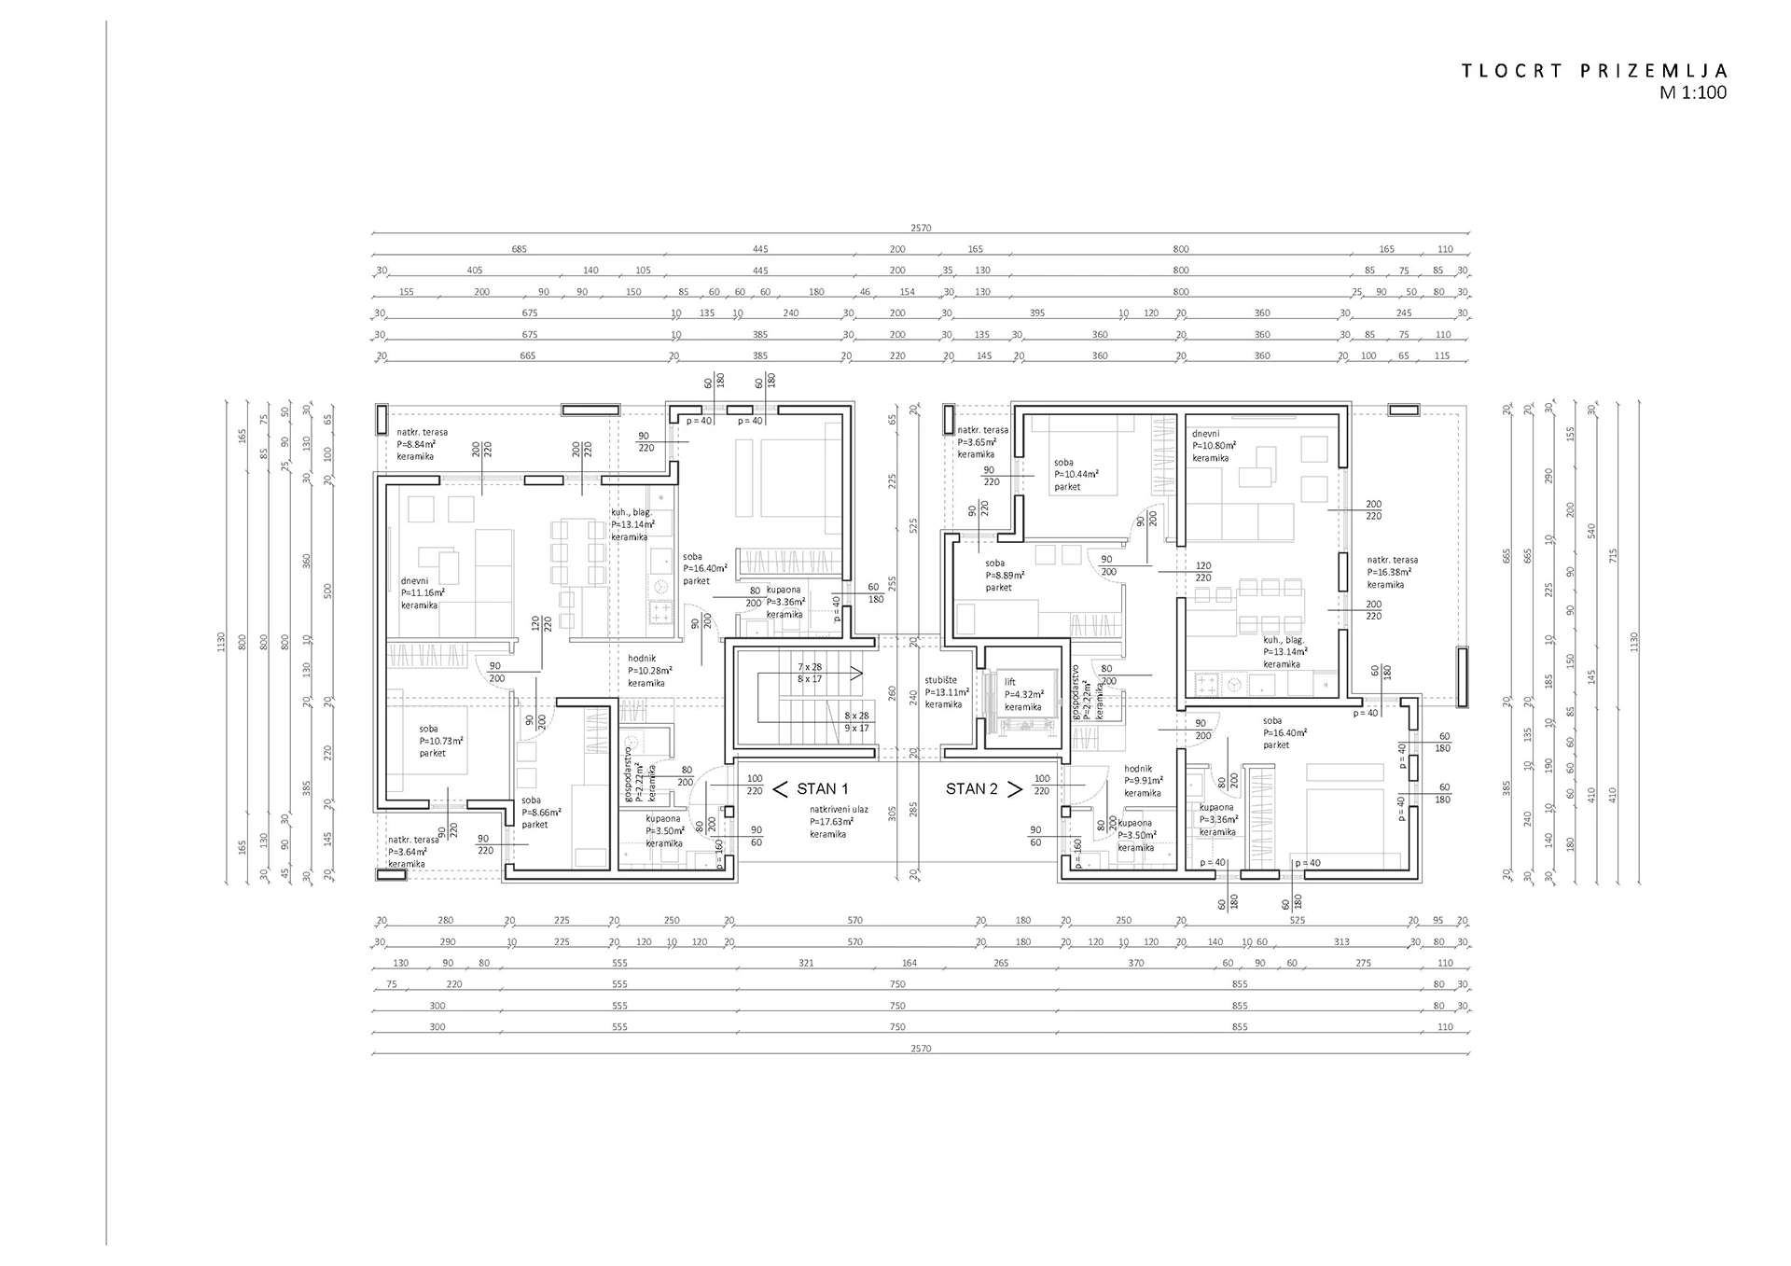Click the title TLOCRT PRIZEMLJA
(1594, 71)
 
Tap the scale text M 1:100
(1692, 92)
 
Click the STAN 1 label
(822, 789)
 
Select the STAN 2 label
(971, 789)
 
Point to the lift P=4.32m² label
(1022, 695)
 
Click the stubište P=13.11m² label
(946, 692)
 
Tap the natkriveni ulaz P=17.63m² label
(838, 822)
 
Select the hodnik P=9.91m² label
(1143, 781)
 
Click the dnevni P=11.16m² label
(423, 592)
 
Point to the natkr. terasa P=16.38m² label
(1392, 572)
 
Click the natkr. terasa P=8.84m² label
(422, 444)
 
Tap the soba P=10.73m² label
(440, 741)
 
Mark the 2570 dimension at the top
(920, 228)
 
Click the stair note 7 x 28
(810, 667)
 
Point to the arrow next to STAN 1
(781, 789)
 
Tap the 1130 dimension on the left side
(221, 641)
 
